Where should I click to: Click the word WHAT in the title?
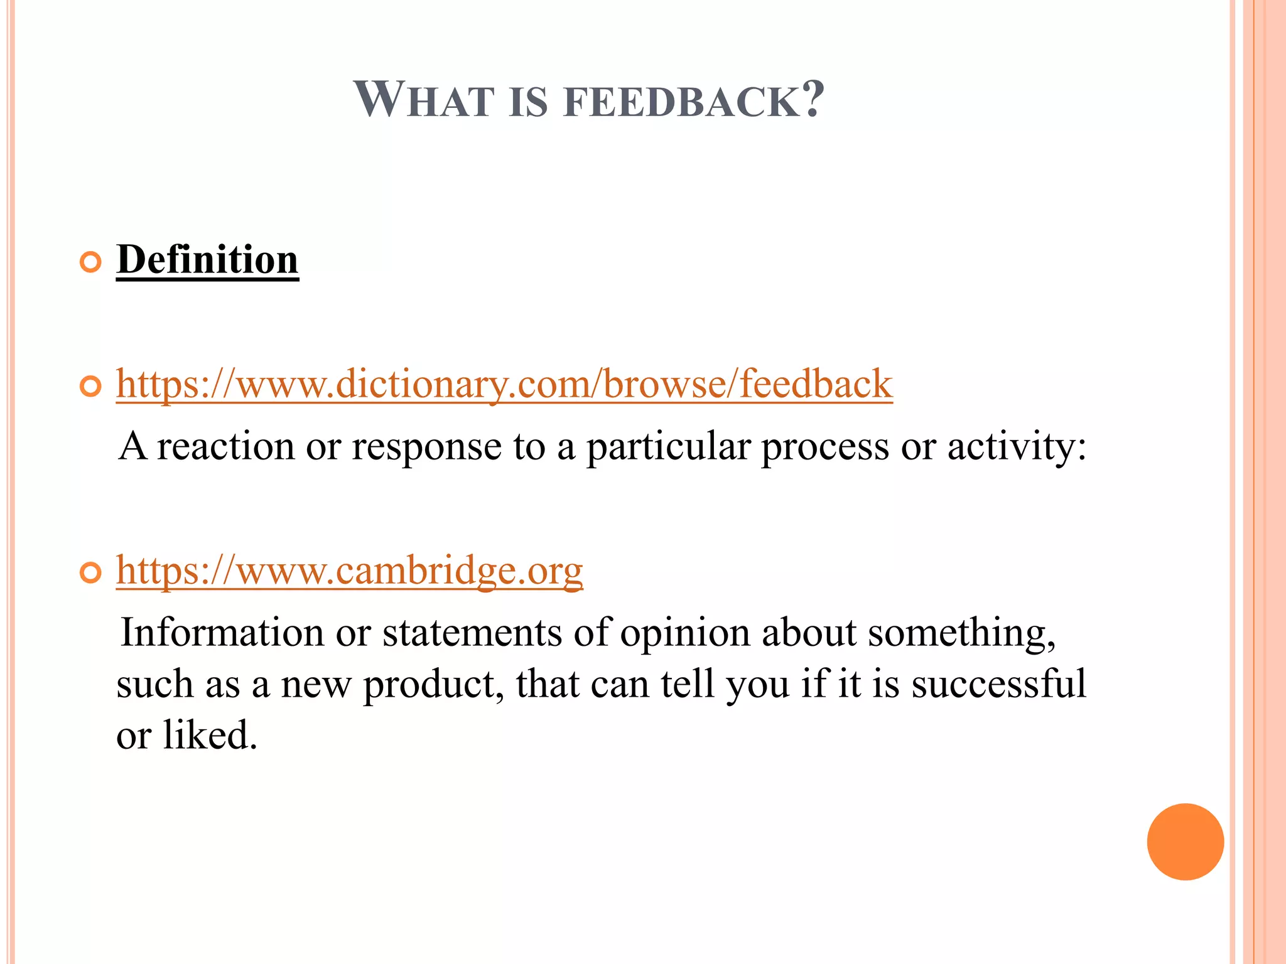424,100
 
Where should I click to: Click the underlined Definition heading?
207,260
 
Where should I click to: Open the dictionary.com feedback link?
504,383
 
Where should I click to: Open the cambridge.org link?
350,570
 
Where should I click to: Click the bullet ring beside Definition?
91,262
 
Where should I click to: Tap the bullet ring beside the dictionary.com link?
91,387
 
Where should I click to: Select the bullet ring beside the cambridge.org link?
91,573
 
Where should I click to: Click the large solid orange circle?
1185,842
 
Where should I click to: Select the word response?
426,447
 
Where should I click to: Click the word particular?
668,447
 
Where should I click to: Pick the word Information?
222,633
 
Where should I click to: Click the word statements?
472,633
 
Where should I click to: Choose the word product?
434,685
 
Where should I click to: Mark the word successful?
998,683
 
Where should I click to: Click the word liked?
210,735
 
